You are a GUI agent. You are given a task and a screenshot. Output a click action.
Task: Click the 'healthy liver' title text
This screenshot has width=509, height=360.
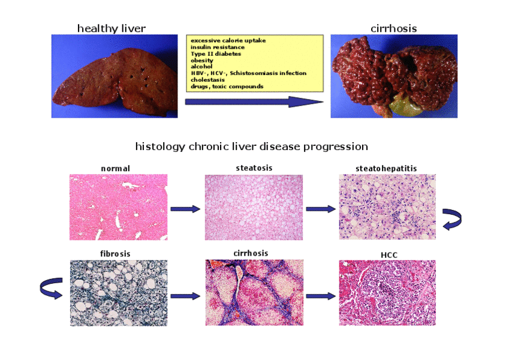pos(112,29)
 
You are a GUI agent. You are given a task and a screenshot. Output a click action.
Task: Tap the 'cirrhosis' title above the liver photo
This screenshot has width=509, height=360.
pos(394,29)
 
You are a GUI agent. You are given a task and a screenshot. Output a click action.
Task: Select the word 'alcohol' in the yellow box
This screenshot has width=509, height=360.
pos(201,67)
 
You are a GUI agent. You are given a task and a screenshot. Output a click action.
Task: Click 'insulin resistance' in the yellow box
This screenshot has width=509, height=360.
pos(218,47)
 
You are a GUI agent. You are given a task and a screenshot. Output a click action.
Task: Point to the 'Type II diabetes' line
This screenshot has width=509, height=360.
pos(216,53)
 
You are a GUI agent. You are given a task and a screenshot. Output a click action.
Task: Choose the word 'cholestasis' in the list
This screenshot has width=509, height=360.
pos(208,80)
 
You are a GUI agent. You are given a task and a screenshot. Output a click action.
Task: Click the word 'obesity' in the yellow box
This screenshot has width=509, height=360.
pos(202,61)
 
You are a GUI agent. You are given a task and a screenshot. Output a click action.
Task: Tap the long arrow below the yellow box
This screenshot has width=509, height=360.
pos(254,101)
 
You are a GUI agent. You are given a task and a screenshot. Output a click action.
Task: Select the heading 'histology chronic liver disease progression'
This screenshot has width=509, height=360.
pos(252,146)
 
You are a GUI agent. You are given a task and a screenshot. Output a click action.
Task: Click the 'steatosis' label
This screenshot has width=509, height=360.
pos(254,168)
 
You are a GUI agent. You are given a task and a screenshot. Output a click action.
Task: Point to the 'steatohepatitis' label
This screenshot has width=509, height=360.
pos(386,169)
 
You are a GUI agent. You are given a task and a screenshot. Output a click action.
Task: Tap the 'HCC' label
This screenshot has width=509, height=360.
pos(389,255)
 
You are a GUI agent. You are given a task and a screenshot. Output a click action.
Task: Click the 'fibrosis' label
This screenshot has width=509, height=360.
pos(115,254)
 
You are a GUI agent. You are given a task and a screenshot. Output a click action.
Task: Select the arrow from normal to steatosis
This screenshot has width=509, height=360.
pos(186,209)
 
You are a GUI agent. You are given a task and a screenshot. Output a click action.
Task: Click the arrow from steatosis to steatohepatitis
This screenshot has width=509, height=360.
pos(321,209)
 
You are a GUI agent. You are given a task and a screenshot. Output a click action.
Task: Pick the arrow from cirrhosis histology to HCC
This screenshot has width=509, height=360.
pos(321,296)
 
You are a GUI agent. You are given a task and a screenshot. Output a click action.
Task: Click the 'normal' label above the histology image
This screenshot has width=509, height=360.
pos(115,169)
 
